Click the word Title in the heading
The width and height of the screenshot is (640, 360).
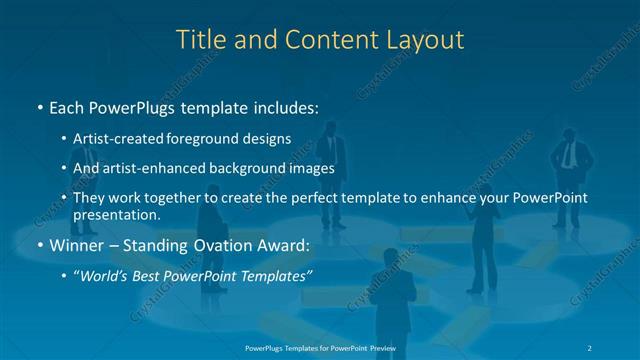(x=199, y=40)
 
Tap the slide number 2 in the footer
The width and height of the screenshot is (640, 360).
(x=592, y=348)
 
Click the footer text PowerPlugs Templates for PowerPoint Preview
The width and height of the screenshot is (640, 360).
(x=320, y=348)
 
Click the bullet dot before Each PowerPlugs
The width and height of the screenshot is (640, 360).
(x=39, y=107)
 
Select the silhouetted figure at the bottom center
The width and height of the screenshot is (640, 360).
(x=391, y=300)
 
